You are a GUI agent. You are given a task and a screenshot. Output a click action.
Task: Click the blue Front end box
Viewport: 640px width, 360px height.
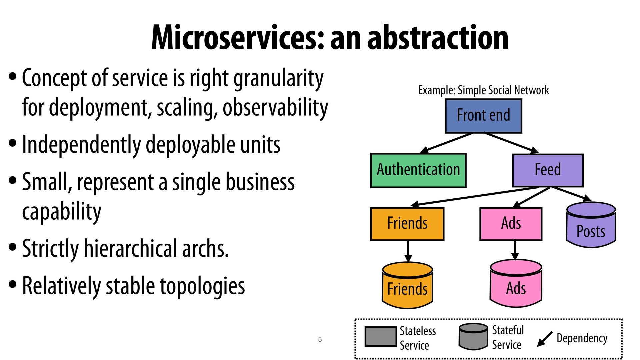coord(483,116)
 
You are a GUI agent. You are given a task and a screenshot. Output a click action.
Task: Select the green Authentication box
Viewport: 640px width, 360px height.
coord(418,170)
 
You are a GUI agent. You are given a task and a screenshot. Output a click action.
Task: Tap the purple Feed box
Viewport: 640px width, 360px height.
coord(548,170)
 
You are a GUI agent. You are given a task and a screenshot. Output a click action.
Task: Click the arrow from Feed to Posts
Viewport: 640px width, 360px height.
coord(571,194)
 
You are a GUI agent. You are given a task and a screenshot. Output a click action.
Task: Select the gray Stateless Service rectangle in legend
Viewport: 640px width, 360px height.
coord(380,337)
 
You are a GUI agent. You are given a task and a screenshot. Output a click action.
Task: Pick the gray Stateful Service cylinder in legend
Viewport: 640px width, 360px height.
coord(473,336)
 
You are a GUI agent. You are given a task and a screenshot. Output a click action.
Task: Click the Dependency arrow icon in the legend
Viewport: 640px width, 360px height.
coord(545,339)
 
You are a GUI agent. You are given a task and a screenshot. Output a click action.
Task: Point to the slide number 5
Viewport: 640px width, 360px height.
coord(320,340)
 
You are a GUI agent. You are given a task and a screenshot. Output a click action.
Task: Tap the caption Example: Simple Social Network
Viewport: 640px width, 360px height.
coord(483,90)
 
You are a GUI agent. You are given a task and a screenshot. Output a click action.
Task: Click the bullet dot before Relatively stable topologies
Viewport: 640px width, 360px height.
coord(13,285)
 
